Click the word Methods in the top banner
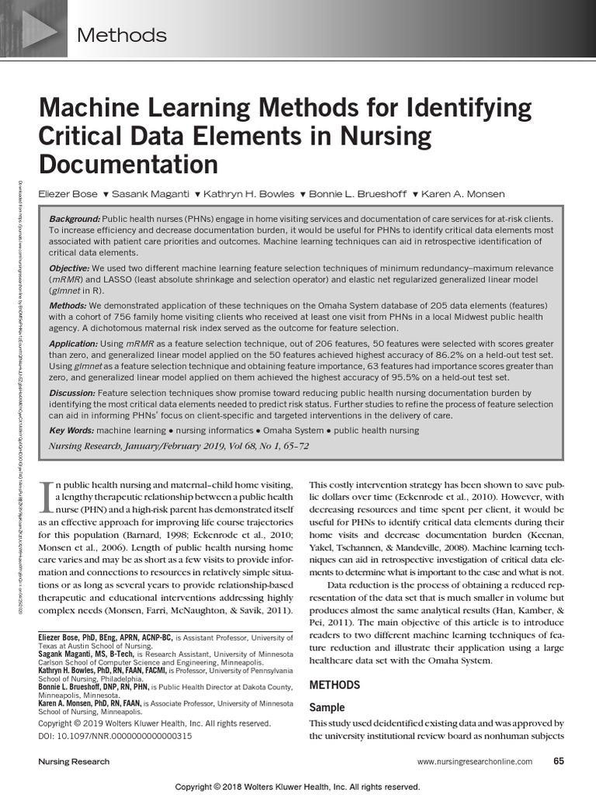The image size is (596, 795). tap(123, 35)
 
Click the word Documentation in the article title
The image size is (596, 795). tap(129, 165)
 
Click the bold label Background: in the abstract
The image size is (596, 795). tap(74, 220)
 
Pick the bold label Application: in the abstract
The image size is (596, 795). tap(74, 343)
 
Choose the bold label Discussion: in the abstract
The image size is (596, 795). tap(74, 394)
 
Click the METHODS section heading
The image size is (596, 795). tap(334, 685)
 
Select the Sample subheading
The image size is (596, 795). tap(327, 707)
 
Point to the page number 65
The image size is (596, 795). tap(558, 762)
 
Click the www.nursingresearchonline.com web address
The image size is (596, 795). tap(475, 762)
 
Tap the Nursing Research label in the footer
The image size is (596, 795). tap(74, 762)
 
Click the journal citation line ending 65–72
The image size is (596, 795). tap(166, 446)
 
